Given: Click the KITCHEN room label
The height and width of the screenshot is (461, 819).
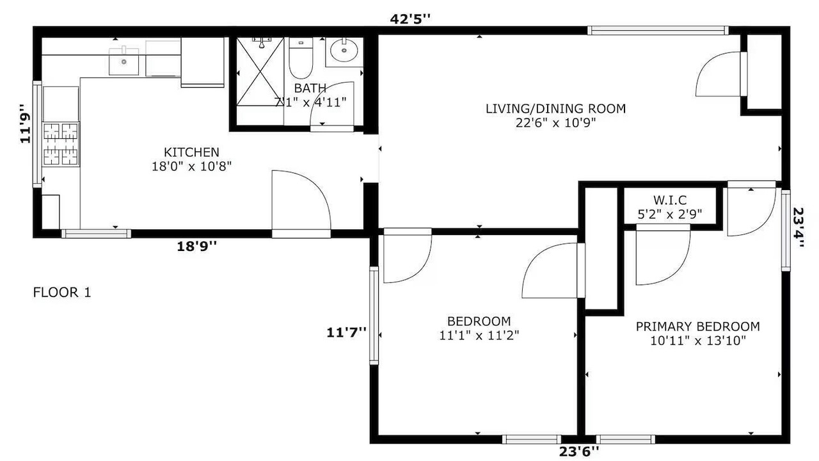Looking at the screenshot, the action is pos(191,152).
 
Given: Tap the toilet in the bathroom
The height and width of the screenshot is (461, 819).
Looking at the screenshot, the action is pos(301,58).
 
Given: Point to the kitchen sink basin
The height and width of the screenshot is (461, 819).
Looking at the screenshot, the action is pos(124,61).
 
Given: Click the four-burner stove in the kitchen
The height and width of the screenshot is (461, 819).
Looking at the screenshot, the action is pos(61,144).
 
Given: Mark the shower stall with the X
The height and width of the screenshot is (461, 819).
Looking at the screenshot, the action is pos(260,72).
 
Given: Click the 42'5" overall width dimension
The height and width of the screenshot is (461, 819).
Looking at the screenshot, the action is pos(410,19).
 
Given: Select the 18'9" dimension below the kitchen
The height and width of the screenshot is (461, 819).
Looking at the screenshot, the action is pos(196,247).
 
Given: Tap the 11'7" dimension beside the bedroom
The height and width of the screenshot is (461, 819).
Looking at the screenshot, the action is pos(346,332).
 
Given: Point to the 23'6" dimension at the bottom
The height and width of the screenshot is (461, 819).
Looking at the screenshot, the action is pos(579,451).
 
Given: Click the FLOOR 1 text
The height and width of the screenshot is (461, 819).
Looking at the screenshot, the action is pos(62,293).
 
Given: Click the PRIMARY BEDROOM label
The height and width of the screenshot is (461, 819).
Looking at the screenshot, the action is pos(697,327).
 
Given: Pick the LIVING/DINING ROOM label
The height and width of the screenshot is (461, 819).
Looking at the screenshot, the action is pos(556,109).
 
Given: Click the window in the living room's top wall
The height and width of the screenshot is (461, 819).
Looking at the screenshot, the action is pos(658,30).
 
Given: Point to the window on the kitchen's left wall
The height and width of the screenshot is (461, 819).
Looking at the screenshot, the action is pos(37,134).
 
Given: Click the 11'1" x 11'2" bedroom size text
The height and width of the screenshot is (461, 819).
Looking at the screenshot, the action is pos(479,336).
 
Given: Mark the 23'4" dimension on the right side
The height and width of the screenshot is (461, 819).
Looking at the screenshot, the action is pos(798,227).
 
